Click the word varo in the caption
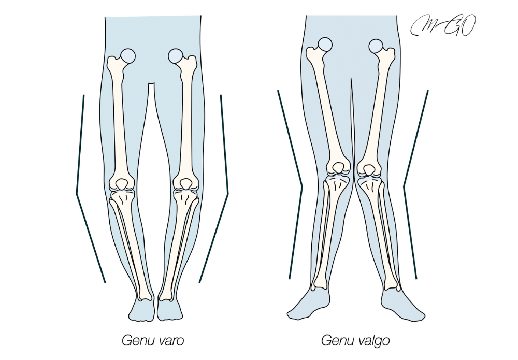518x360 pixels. pos(169,341)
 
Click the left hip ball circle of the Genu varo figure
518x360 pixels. pos(128,55)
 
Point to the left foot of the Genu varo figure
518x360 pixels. pos(141,310)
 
